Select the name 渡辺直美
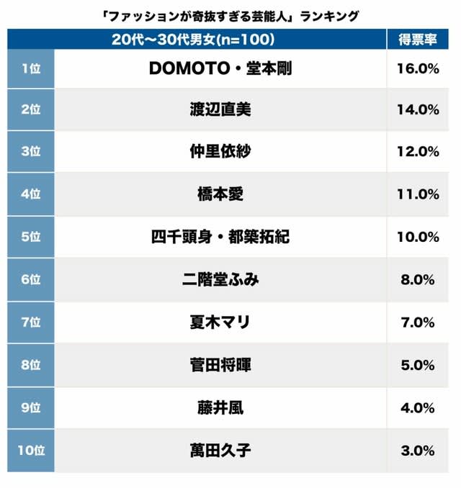pos(220,110)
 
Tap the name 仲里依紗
pos(220,152)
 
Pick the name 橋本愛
pos(220,194)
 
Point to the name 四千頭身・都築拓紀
pos(220,236)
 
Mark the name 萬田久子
pos(220,451)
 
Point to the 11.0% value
pos(418,194)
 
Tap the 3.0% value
pos(418,451)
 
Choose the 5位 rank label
pos(31,236)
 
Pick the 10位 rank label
pos(31,451)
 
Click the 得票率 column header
pos(418,40)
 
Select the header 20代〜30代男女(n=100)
pos(194,40)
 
